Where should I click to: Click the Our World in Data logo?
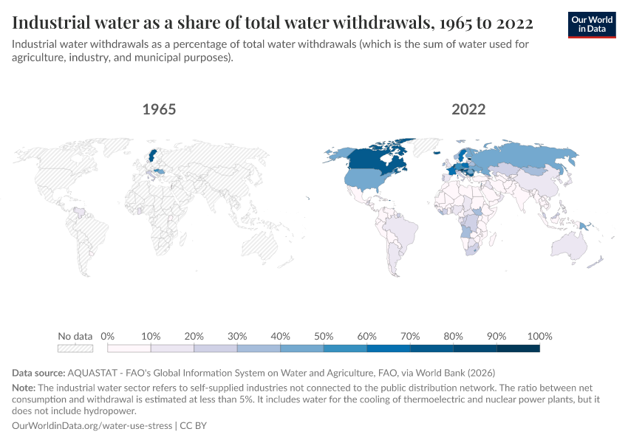(591, 24)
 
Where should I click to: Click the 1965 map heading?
(159, 109)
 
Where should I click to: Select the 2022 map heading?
(468, 109)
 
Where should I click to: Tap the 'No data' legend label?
(75, 336)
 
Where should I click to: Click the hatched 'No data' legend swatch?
(75, 348)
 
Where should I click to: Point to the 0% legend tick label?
(108, 336)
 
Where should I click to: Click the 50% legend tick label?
(324, 336)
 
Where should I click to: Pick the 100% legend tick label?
(539, 336)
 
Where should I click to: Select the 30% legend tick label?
(237, 336)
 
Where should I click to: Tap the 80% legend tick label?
(453, 336)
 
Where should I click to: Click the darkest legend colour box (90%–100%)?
(518, 348)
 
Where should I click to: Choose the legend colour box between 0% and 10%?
(129, 348)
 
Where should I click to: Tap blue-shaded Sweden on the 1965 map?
(153, 156)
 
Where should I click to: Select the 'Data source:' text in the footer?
(38, 372)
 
